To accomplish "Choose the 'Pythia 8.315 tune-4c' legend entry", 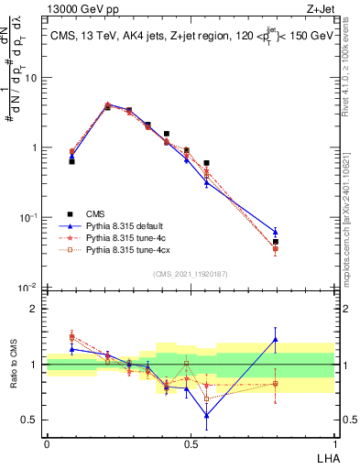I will point(131,236).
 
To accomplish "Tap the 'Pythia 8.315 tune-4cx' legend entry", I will point(134,248).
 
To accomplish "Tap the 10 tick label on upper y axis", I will point(30,78).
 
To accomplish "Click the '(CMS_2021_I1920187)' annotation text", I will point(190,274).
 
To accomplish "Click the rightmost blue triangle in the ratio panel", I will point(300,340).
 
